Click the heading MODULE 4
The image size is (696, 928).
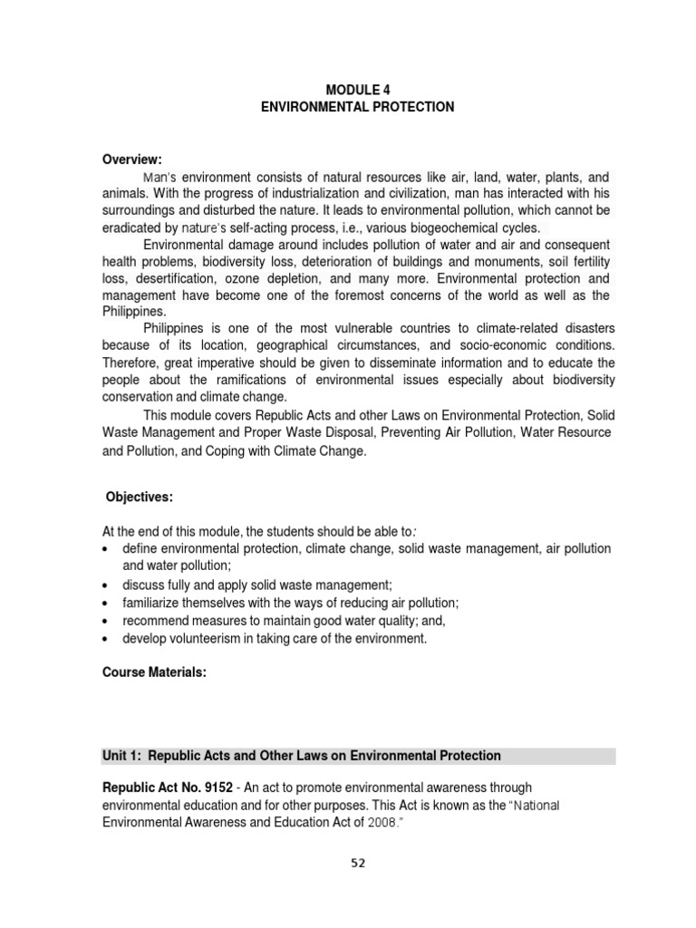click(357, 89)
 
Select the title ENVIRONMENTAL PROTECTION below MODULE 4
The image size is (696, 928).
click(357, 107)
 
